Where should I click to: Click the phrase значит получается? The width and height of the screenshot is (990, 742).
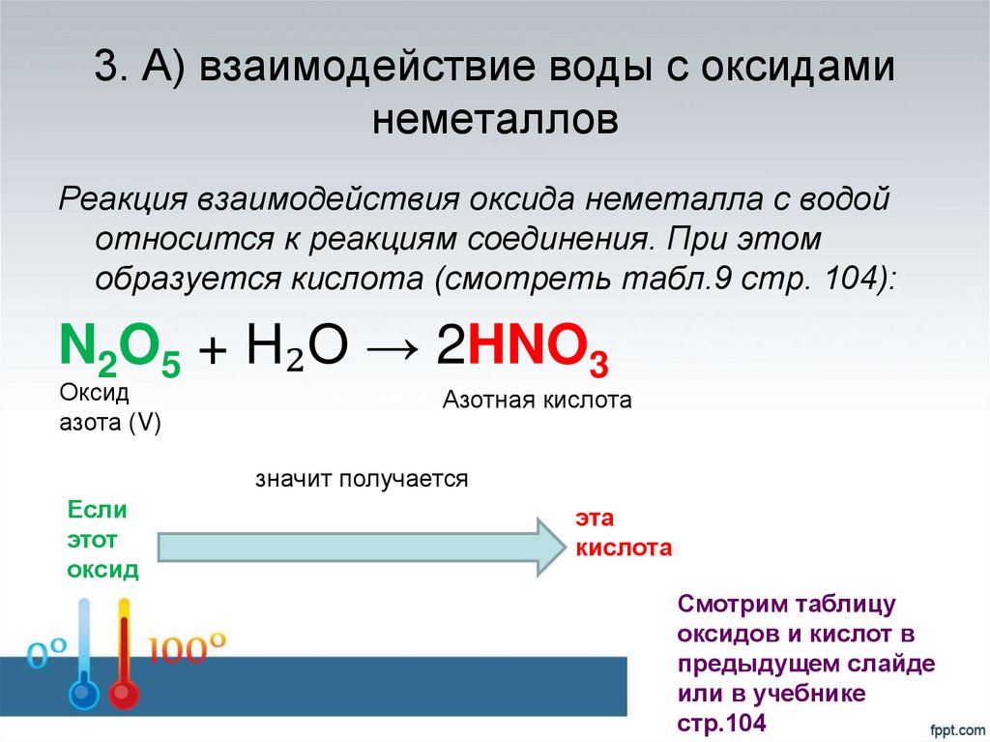(x=362, y=479)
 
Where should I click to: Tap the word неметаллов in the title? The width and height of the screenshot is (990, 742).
(x=494, y=121)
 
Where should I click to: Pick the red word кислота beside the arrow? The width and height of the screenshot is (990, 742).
(x=623, y=549)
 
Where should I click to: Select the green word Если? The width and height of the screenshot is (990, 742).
(x=96, y=510)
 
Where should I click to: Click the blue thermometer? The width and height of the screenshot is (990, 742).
(x=83, y=658)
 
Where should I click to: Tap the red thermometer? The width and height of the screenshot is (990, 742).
(x=123, y=658)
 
